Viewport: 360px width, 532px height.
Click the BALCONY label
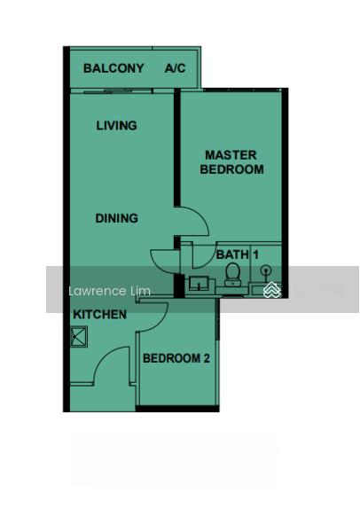(113, 68)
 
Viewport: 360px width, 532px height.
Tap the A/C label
(175, 68)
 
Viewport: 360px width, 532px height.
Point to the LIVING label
(116, 126)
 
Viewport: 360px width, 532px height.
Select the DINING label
(116, 218)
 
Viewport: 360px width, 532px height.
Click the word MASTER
(231, 155)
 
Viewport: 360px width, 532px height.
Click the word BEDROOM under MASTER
(231, 169)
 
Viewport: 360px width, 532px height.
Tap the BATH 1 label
(237, 254)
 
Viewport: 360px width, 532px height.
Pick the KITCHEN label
(100, 315)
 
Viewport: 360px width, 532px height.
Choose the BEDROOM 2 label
(176, 358)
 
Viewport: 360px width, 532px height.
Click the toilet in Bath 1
(233, 275)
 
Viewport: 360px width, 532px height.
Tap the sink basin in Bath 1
(198, 283)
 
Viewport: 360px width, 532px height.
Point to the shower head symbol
(266, 270)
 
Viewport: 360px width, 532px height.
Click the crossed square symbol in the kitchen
(79, 337)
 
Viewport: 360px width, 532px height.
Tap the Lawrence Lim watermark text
(109, 291)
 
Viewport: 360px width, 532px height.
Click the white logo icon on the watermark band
(272, 290)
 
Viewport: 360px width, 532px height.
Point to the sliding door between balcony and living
(118, 91)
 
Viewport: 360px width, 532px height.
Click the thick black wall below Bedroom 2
(177, 409)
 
